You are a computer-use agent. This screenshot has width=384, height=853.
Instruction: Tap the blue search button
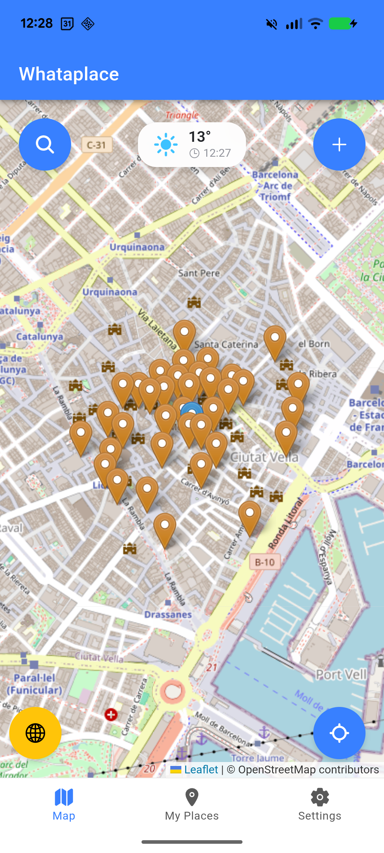tap(45, 144)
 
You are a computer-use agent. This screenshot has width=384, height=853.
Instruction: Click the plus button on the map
tap(339, 144)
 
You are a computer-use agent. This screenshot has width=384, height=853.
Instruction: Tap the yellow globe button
tap(35, 733)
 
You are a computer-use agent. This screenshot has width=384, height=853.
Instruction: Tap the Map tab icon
tap(64, 797)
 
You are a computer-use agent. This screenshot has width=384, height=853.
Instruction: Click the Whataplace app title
tap(69, 74)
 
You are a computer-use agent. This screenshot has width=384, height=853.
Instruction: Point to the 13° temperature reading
tap(199, 137)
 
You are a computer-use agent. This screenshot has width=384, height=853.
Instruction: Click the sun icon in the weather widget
tap(166, 145)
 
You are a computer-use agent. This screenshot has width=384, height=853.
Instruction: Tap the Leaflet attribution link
tap(201, 769)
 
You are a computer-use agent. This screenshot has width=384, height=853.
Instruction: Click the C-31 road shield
tap(97, 145)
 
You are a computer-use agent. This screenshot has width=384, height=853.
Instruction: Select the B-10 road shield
tap(265, 562)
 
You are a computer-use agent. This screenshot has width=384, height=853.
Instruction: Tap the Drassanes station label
tap(168, 615)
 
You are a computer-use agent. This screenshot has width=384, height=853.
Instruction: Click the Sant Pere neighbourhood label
tap(199, 273)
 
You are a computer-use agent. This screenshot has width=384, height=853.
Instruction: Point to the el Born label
tap(314, 344)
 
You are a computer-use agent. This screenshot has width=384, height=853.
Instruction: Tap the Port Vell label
tap(341, 674)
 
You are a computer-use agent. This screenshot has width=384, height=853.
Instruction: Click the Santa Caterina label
tap(226, 344)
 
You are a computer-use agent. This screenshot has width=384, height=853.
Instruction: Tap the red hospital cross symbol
tap(111, 714)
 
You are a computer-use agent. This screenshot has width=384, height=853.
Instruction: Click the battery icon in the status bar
tap(340, 24)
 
